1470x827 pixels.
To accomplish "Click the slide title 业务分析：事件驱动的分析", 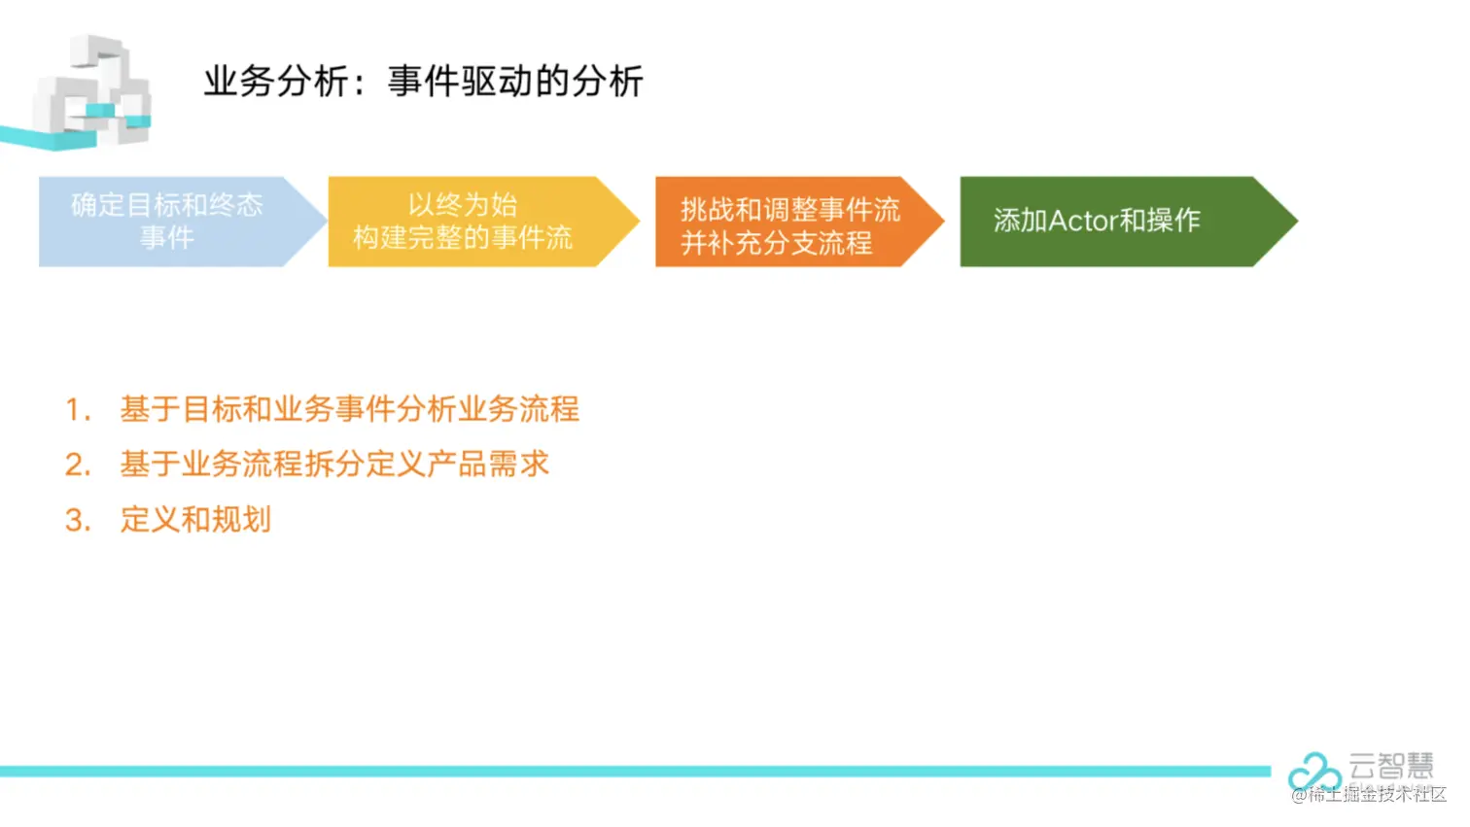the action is pyautogui.click(x=423, y=82).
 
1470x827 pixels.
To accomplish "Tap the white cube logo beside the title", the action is pyautogui.click(x=92, y=92).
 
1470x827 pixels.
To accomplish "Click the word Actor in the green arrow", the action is pyautogui.click(x=1083, y=222).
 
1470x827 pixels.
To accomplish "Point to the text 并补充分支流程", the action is pyautogui.click(x=777, y=243).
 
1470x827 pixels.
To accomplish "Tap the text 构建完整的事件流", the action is pyautogui.click(x=463, y=238).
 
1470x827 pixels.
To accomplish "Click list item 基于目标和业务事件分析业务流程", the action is pyautogui.click(x=349, y=409).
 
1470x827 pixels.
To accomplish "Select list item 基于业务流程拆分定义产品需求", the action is pyautogui.click(x=334, y=465).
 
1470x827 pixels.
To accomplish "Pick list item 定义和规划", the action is pyautogui.click(x=195, y=520).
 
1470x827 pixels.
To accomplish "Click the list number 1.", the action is pyautogui.click(x=76, y=410).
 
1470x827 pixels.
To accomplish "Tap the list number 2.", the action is pyautogui.click(x=77, y=465).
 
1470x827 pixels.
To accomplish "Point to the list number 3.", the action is pyautogui.click(x=77, y=521).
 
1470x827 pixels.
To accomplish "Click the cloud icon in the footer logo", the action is pyautogui.click(x=1313, y=772).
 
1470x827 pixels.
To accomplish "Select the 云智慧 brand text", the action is pyautogui.click(x=1391, y=766).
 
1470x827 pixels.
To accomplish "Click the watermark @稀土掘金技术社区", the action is pyautogui.click(x=1369, y=795).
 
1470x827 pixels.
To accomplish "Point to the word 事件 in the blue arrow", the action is pyautogui.click(x=167, y=238).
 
